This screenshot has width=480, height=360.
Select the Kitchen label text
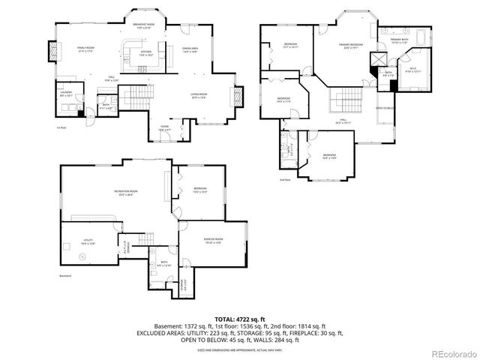pyautogui.click(x=145, y=53)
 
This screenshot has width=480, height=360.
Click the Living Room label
pyautogui.click(x=199, y=94)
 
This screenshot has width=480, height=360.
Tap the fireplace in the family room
pyautogui.click(x=52, y=51)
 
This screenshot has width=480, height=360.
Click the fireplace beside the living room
pyautogui.click(x=239, y=97)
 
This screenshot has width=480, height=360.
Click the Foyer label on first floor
pyautogui.click(x=164, y=128)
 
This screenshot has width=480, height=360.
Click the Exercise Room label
pyautogui.click(x=213, y=240)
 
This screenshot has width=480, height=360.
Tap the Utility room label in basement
pyautogui.click(x=88, y=241)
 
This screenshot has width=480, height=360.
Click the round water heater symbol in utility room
pyautogui.click(x=82, y=257)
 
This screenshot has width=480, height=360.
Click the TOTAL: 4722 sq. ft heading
pyautogui.click(x=240, y=319)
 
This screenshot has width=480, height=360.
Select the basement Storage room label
pyautogui.click(x=184, y=283)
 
